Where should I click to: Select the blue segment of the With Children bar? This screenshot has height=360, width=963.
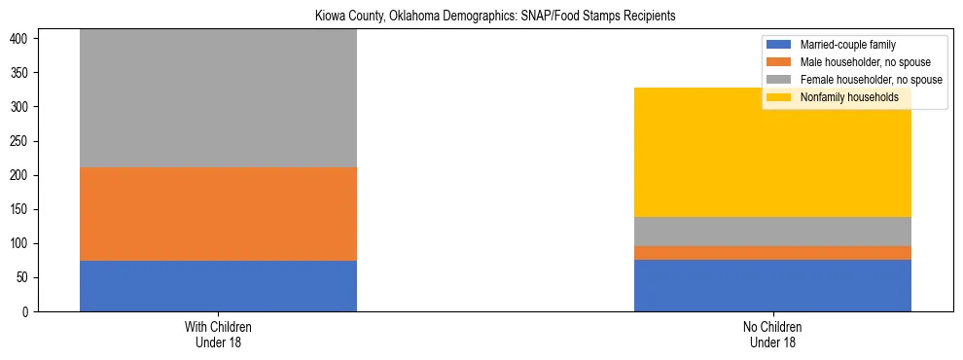coord(218,286)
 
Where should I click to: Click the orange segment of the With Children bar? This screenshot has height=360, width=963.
coord(218,214)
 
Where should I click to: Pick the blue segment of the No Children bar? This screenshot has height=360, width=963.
coord(772,285)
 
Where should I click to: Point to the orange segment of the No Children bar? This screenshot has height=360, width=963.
coord(772,253)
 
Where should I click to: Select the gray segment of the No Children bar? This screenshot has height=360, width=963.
coord(772,232)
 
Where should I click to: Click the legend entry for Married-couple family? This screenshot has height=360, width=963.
coord(845,45)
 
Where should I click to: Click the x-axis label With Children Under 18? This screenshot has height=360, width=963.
coord(218,334)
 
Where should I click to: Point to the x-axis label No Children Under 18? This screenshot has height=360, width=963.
coord(772,334)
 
